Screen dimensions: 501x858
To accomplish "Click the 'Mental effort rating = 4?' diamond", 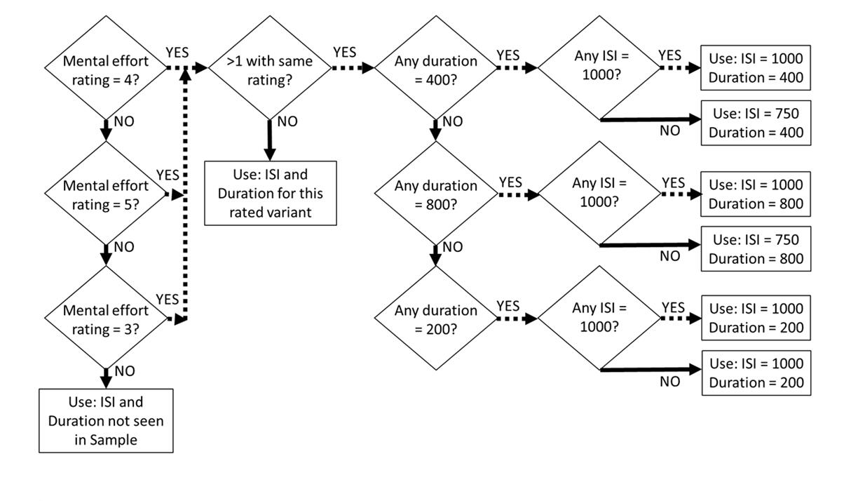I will pos(106,69).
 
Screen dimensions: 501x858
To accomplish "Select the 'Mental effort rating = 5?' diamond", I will pos(106,194).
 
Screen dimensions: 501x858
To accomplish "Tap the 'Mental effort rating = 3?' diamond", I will pos(106,319).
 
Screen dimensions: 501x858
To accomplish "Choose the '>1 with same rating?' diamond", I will pos(269,69).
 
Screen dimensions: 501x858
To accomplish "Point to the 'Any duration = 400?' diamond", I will pos(435,69).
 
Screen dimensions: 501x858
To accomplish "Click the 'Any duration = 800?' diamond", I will pos(435,194).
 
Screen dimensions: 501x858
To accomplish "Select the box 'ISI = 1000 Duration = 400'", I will pos(756,68).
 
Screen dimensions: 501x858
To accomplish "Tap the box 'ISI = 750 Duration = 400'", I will pos(756,123).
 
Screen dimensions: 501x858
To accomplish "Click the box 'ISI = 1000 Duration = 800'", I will pos(756,194).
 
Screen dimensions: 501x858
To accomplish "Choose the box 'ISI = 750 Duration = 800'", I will pos(756,248).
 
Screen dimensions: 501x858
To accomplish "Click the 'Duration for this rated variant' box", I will pos(270,193).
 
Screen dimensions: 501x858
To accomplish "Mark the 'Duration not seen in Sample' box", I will pos(106,420).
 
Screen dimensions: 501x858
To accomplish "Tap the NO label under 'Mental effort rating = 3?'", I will pos(124,371).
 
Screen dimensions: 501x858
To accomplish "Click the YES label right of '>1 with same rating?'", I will pos(344,52).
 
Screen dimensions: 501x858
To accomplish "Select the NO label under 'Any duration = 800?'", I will pos(453,247).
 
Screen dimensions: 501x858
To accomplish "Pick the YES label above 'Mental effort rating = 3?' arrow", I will pos(167,300).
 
